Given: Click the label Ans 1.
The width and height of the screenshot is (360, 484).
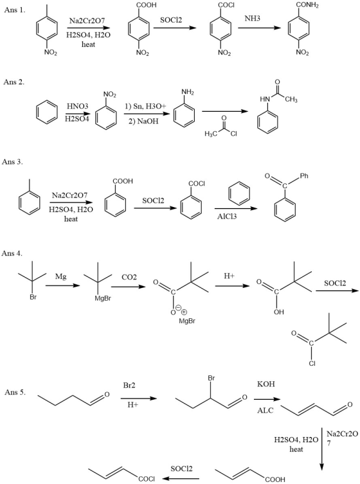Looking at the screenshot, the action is click(15, 10).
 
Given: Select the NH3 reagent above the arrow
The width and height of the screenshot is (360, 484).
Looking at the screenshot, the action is click(252, 19).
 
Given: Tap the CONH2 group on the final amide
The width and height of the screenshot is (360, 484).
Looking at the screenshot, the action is click(307, 5).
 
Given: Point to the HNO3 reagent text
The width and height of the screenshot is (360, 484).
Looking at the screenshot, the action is click(78, 106).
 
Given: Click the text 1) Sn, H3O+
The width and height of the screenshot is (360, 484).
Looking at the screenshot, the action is click(145, 107).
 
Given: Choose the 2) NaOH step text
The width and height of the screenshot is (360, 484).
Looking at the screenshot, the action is click(143, 121).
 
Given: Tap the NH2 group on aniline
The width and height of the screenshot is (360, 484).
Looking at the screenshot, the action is click(188, 92).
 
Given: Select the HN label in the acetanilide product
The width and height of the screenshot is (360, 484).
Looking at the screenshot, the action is click(265, 99).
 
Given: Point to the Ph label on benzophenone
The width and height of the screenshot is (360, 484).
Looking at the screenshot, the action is click(304, 176).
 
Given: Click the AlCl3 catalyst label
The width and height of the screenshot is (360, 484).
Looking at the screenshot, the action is click(227, 217).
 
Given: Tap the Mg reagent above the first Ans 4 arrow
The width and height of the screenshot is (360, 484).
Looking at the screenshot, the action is click(61, 276).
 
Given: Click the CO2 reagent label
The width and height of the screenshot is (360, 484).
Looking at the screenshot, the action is click(129, 277).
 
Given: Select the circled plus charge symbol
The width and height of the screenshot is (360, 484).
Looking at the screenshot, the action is click(184, 312).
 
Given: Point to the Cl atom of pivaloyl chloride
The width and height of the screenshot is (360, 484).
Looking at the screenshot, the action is click(312, 363).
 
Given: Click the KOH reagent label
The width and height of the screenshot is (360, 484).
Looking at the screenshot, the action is click(266, 384).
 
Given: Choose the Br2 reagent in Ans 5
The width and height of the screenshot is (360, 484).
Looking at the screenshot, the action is click(129, 385).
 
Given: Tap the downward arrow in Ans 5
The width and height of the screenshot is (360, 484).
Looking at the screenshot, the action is click(321, 449).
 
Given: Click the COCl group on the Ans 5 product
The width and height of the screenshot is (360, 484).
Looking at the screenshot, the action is click(147, 479).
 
